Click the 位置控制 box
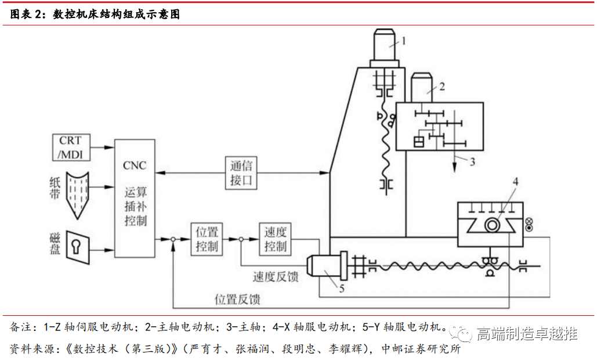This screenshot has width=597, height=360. tap(206, 238)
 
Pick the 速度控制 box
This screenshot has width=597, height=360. tap(275, 238)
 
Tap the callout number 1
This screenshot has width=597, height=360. tap(405, 41)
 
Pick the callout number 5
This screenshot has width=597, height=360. tap(342, 286)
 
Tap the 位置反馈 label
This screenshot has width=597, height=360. tap(237, 300)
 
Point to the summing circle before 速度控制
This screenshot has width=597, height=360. tap(241, 239)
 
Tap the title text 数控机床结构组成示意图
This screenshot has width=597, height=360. tap(116, 15)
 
